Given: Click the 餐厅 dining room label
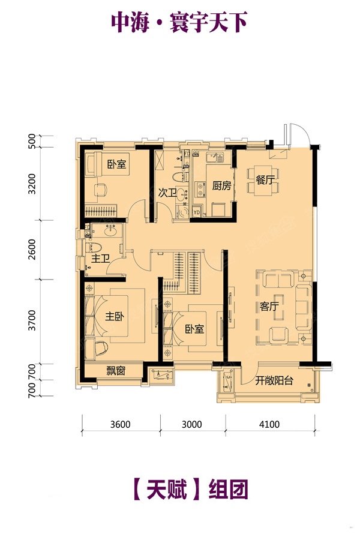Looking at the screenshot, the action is [265, 179].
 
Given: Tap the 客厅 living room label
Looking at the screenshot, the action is [269, 306].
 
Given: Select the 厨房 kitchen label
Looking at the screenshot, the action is [221, 186].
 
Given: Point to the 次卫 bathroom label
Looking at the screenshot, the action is [167, 193].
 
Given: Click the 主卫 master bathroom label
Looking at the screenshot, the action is [100, 258].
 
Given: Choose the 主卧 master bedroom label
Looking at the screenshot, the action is [115, 316].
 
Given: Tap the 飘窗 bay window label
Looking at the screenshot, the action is [116, 371].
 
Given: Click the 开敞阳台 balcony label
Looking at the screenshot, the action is [274, 380].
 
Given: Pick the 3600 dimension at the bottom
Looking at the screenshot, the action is [120, 424].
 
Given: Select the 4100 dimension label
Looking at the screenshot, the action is [269, 424].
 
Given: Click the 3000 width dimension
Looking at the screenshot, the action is [191, 424].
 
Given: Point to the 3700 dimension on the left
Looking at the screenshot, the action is [32, 320].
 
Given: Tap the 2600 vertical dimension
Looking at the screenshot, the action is [32, 250].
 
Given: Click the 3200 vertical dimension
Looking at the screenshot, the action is [32, 184].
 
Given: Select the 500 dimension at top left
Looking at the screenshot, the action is [32, 140].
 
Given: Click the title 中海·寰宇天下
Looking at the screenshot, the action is [179, 23].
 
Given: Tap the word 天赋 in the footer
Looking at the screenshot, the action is [166, 490].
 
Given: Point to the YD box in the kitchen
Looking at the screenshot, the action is [196, 212].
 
